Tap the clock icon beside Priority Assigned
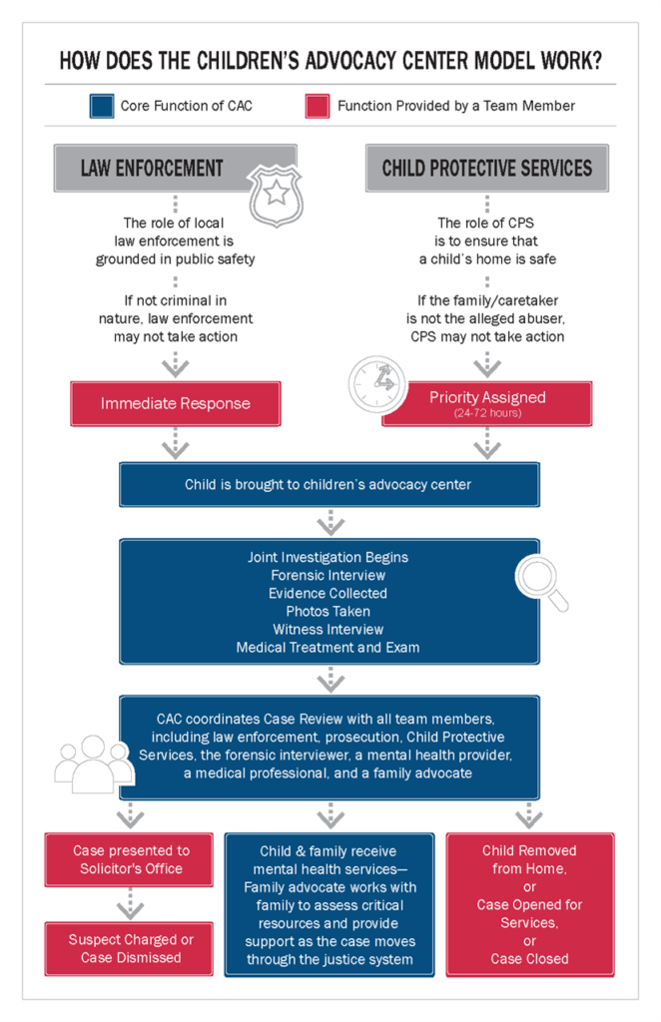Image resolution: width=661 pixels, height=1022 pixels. pyautogui.click(x=374, y=385)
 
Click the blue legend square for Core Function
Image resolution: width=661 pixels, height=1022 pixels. pyautogui.click(x=100, y=106)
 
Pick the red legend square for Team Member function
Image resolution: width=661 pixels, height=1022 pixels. pyautogui.click(x=318, y=106)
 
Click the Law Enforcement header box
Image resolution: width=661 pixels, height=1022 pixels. pyautogui.click(x=152, y=168)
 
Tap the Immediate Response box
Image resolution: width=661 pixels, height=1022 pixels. pyautogui.click(x=176, y=404)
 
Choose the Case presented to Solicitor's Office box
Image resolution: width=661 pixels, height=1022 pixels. pyautogui.click(x=130, y=859)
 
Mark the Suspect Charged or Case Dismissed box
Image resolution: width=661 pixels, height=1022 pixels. pyautogui.click(x=130, y=948)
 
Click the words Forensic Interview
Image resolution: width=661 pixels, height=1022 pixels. pyautogui.click(x=329, y=575)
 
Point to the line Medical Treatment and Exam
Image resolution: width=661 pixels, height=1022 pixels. pyautogui.click(x=329, y=647)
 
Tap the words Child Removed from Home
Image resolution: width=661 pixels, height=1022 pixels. pyautogui.click(x=529, y=859)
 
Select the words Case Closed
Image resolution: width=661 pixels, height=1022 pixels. pyautogui.click(x=529, y=958)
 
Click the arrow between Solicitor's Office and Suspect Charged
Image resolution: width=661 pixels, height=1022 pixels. pyautogui.click(x=130, y=906)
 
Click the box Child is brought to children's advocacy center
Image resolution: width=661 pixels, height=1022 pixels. pyautogui.click(x=329, y=485)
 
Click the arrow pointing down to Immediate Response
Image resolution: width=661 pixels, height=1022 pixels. pyautogui.click(x=176, y=365)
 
